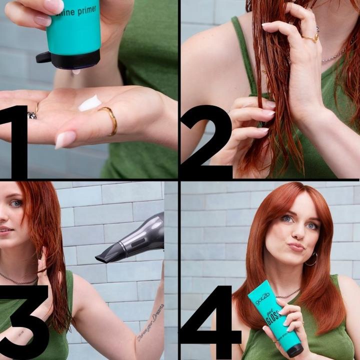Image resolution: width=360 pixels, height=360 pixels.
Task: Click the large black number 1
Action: coord(18,140)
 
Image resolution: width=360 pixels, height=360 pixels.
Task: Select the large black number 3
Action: coord(22,320)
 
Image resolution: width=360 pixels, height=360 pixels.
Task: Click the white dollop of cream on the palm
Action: coord(90,103)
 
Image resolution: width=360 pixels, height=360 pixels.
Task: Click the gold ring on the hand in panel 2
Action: coord(310,37)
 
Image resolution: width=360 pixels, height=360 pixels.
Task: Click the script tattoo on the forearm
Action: coord(150,322)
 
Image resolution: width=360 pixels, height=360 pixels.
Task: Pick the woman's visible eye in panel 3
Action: coord(16,203)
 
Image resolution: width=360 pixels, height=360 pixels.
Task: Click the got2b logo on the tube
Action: coord(262,298)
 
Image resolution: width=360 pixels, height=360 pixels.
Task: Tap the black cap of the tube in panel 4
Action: coord(294,349)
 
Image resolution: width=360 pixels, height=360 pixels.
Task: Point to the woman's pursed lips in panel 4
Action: coord(296,246)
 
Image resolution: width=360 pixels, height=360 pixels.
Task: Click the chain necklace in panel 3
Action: coord(20,280)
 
